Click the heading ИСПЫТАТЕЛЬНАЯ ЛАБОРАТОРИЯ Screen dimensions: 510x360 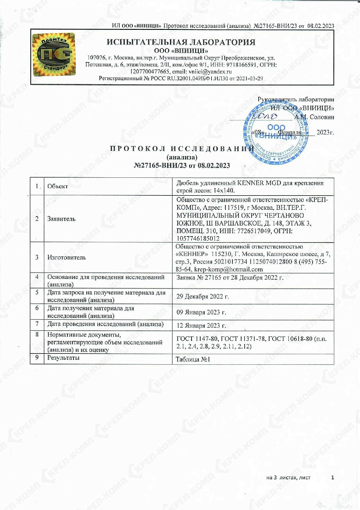click(181, 42)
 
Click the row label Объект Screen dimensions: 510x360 click(57, 186)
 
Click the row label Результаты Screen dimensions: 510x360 click(64, 358)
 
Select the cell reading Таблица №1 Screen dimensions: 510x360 click(193, 359)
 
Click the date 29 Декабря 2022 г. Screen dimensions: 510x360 click(203, 296)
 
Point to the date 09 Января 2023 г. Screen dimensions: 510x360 click(202, 312)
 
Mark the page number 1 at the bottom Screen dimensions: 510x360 click(332, 478)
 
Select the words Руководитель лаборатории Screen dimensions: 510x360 click(296, 99)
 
